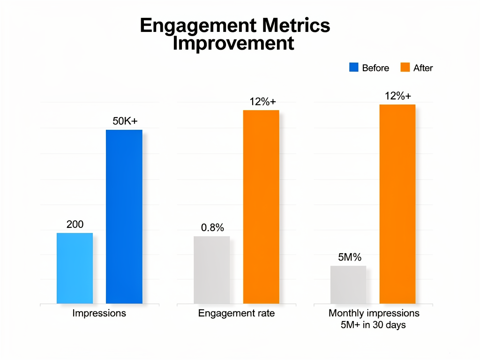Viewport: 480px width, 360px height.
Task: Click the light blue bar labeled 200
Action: click(75, 268)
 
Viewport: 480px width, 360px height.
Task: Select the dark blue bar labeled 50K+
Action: click(124, 217)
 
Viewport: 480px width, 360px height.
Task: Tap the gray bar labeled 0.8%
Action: click(212, 270)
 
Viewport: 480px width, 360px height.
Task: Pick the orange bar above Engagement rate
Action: click(261, 207)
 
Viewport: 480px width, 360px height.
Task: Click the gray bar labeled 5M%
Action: click(348, 285)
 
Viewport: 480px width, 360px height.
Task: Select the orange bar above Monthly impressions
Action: click(397, 204)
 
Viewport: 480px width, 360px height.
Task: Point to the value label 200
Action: click(75, 225)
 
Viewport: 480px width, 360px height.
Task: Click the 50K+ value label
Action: click(125, 121)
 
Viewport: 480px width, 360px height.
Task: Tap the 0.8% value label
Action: click(212, 228)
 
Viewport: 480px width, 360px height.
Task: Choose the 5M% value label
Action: click(350, 257)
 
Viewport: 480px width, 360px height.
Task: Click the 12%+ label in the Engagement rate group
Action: click(262, 101)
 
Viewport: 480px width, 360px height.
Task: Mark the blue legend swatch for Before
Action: click(354, 67)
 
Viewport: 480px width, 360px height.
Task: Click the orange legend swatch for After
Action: click(405, 67)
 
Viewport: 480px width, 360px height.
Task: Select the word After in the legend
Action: click(423, 68)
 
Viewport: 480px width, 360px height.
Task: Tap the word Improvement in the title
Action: click(233, 44)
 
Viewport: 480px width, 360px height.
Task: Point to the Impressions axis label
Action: click(99, 313)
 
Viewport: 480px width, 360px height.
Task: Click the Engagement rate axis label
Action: click(236, 313)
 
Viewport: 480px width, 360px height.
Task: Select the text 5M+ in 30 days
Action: click(374, 325)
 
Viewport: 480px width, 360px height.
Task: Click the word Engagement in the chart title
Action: click(197, 26)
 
